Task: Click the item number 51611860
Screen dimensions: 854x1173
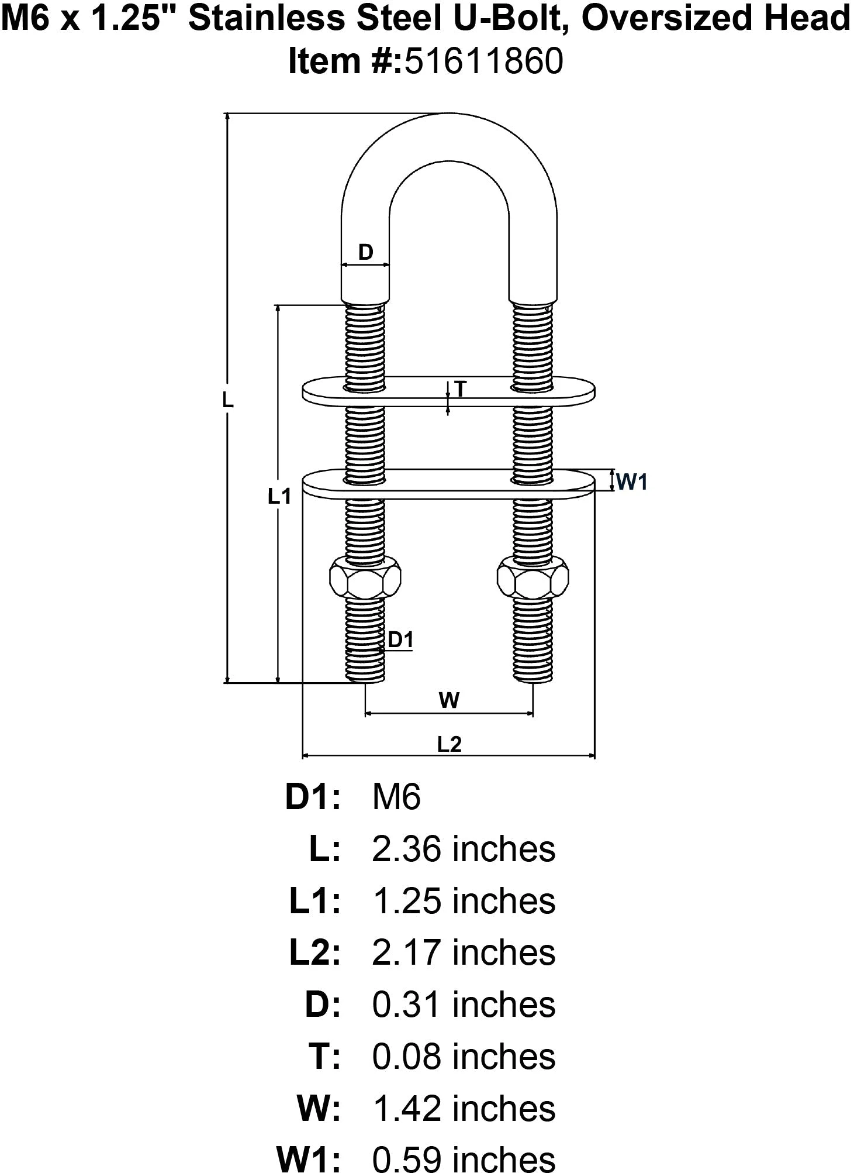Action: (484, 61)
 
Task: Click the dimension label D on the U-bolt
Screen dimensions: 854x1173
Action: (365, 252)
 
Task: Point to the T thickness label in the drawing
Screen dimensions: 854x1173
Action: (461, 388)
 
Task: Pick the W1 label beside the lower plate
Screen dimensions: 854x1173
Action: (632, 482)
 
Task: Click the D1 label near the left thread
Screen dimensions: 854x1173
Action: (400, 639)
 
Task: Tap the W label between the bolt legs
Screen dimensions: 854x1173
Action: (449, 700)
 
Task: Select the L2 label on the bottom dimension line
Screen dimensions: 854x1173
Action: (450, 744)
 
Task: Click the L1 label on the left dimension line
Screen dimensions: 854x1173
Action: (279, 496)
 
